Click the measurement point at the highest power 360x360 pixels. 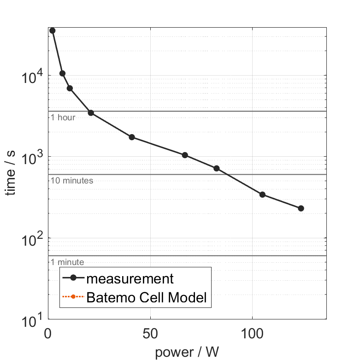(x=301, y=208)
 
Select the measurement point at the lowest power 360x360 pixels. (x=52, y=30)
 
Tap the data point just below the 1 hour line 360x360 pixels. (x=91, y=113)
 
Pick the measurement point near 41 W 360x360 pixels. (x=132, y=137)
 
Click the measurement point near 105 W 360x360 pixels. (x=262, y=195)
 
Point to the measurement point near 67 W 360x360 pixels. (x=185, y=155)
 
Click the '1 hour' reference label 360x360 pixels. (x=63, y=118)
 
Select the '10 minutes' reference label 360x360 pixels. (x=72, y=181)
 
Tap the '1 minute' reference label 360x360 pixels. (x=67, y=262)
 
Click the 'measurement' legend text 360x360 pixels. (x=130, y=279)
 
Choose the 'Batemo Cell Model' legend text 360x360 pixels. (x=147, y=298)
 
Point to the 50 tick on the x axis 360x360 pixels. (x=150, y=333)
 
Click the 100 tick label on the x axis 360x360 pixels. (x=253, y=333)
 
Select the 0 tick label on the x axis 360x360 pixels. (x=48, y=333)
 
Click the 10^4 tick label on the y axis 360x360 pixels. (x=32, y=75)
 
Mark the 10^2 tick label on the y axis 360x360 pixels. (x=32, y=238)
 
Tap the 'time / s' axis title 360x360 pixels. (x=12, y=173)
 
